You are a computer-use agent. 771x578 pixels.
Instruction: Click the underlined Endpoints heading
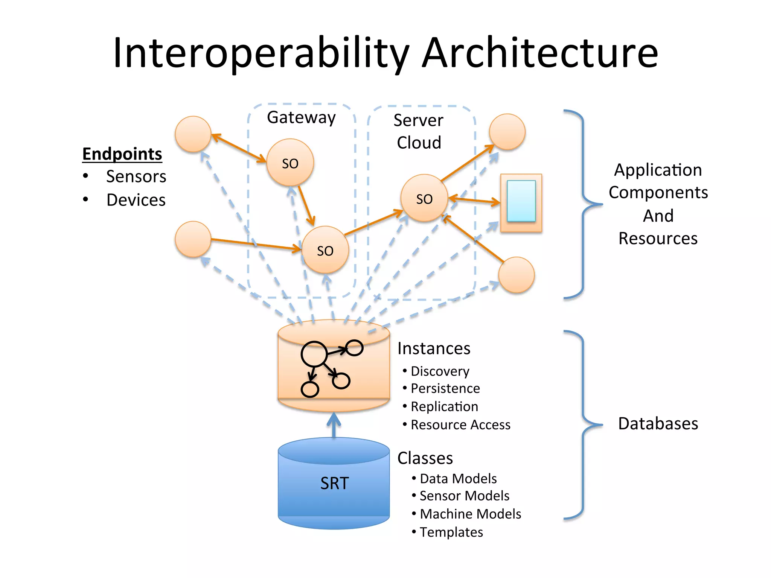coord(122,154)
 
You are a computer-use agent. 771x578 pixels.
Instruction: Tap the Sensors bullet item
coord(136,176)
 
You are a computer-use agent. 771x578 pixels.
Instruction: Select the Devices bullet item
coord(136,200)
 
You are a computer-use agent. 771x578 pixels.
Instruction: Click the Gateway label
coord(301,117)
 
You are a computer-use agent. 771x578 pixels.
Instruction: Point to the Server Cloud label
coord(419,131)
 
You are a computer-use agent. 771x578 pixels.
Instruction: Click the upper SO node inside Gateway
coord(290,163)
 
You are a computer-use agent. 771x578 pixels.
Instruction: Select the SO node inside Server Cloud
coord(424,198)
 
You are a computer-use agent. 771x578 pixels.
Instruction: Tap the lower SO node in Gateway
coord(325,250)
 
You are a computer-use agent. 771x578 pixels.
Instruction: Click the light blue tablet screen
coord(521,201)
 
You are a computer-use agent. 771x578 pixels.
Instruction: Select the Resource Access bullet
coord(460,425)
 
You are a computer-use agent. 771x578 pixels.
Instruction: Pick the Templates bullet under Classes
coord(451,532)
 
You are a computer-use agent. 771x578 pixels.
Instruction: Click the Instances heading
coord(434,348)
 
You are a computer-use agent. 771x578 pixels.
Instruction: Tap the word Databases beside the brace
coord(658,424)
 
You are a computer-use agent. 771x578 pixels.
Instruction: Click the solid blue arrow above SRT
coord(334,425)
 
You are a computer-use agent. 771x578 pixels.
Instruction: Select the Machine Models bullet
coord(470,514)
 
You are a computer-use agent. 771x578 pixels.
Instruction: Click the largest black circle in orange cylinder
coord(314,354)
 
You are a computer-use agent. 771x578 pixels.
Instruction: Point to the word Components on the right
coord(658,193)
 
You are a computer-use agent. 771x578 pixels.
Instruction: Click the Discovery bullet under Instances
coord(440,371)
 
